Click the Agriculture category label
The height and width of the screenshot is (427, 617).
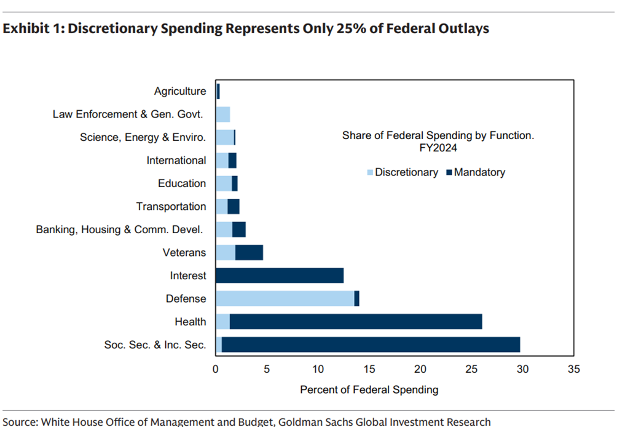(180, 91)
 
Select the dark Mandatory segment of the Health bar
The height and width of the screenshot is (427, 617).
(356, 321)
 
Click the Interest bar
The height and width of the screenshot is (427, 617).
(280, 275)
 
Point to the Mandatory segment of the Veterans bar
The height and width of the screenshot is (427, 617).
(249, 252)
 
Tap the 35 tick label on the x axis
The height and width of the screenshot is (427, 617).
(573, 369)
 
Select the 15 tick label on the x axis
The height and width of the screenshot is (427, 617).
(369, 369)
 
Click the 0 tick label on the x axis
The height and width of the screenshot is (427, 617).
(216, 369)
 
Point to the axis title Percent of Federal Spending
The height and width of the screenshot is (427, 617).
(369, 389)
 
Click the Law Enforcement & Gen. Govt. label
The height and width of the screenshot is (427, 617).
(128, 114)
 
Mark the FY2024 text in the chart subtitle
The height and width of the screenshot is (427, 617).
(438, 148)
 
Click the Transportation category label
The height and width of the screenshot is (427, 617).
(171, 206)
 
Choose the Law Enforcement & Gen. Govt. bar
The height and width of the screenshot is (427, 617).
(222, 114)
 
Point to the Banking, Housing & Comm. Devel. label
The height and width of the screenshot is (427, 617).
(120, 229)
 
